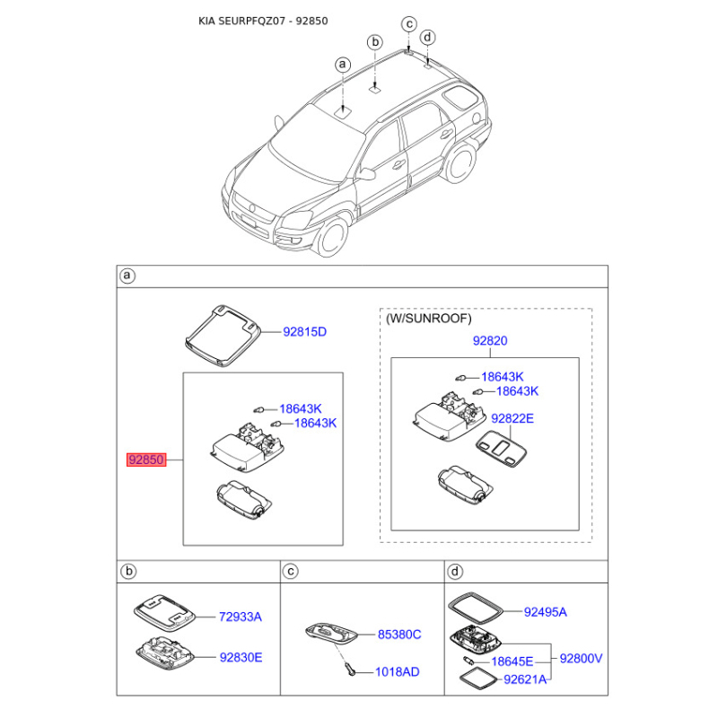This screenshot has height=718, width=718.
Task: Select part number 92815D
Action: pos(305,332)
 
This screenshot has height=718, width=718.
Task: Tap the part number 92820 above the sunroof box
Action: pos(490,341)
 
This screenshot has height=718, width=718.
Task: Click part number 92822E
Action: pos(512,418)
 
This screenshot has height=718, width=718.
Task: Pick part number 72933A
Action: pos(241,617)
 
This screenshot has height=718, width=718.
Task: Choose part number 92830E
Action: pos(241,657)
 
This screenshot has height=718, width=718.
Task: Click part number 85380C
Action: pos(398,635)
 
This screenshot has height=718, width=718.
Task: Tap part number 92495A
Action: pos(545,612)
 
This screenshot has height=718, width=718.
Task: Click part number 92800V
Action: pos(581,658)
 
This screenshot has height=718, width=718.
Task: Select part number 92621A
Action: pos(525,679)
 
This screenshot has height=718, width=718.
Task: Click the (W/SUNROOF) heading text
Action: pos(429,319)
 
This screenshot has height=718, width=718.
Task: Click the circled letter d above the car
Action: pos(428,37)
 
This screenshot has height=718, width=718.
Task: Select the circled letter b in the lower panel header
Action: pos(128,571)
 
